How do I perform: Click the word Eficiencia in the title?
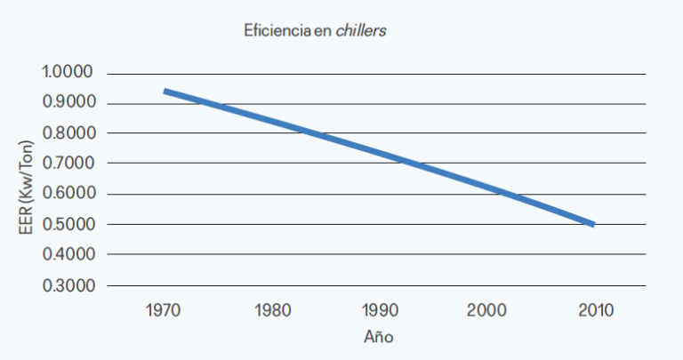(277, 30)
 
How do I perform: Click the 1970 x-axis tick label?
(165, 312)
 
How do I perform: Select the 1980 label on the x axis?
(271, 312)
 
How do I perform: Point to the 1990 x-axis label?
(379, 312)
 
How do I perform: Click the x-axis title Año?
(378, 338)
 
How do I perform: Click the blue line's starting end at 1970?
(165, 92)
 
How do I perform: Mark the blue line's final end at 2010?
(592, 224)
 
